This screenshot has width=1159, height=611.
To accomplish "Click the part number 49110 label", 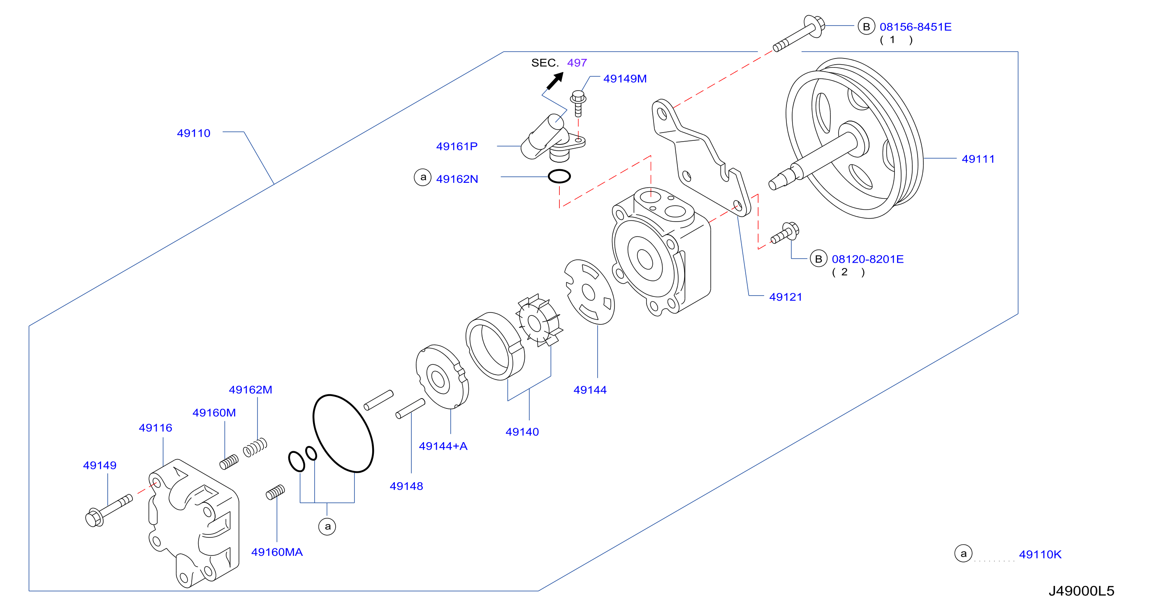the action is pyautogui.click(x=193, y=133).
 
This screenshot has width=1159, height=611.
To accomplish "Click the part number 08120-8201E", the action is pyautogui.click(x=867, y=259).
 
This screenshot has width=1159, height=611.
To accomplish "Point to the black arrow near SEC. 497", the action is pyautogui.click(x=555, y=81).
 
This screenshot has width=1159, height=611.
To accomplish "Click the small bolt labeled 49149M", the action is pyautogui.click(x=578, y=103).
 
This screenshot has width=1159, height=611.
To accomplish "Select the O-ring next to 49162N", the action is pyautogui.click(x=559, y=176).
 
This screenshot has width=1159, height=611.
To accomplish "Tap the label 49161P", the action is pyautogui.click(x=457, y=146).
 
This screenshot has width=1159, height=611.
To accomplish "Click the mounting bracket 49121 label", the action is pyautogui.click(x=786, y=297).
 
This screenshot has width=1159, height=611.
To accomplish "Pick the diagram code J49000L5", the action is pyautogui.click(x=1081, y=591).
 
